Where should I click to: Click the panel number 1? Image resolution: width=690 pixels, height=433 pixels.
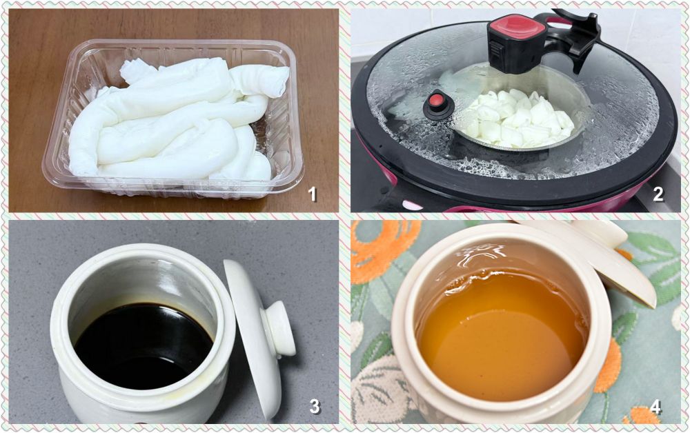coord(313,194)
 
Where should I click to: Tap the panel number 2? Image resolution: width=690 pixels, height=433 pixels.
coord(658,194)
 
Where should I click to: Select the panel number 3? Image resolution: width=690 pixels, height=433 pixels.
coord(315,407)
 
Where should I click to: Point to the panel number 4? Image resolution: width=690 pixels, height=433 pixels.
coord(655,407)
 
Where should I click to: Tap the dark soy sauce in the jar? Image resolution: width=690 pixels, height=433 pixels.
coord(143,345)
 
